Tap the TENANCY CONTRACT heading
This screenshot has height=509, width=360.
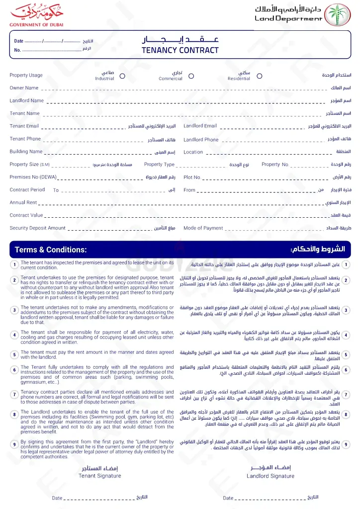[180, 50]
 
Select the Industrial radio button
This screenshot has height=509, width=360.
[122, 76]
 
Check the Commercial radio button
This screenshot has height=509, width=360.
[191, 76]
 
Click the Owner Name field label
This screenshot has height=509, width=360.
[24, 88]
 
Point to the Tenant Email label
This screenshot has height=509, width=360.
[24, 126]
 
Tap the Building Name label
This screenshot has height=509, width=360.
[26, 152]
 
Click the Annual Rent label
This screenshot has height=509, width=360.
[23, 203]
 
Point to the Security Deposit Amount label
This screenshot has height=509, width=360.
[37, 228]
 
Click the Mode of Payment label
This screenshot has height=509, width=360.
[203, 228]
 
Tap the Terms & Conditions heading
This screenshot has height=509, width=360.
[51, 250]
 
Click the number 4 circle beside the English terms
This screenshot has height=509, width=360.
[15, 336]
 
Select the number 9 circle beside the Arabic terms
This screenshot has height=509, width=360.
[347, 444]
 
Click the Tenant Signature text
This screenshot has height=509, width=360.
[100, 476]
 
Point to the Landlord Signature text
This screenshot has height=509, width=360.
[270, 476]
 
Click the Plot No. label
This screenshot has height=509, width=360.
[192, 177]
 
